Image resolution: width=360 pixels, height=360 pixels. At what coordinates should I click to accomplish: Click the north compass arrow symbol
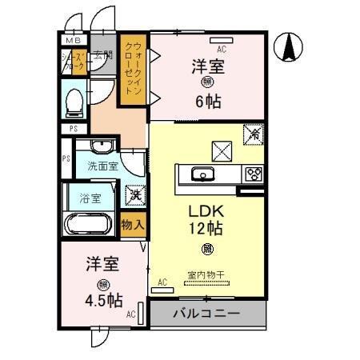pos(289,49)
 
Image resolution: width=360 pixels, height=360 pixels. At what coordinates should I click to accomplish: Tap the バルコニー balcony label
pos(206,314)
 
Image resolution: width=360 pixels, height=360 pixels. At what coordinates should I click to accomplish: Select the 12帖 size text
pos(205,229)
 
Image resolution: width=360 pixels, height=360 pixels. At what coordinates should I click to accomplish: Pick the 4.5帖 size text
pos(104,301)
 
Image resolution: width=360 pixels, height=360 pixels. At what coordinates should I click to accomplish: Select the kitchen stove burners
pos(253,173)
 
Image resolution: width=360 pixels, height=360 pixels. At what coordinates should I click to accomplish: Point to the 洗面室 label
pos(102,167)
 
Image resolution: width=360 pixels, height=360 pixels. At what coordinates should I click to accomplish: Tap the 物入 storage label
pos(133,226)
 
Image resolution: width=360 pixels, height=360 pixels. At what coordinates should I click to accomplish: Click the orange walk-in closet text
pos(134,70)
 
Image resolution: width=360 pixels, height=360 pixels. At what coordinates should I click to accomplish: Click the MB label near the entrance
pos(74,40)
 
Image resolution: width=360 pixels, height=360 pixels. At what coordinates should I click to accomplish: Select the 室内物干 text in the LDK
pos(206,275)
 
